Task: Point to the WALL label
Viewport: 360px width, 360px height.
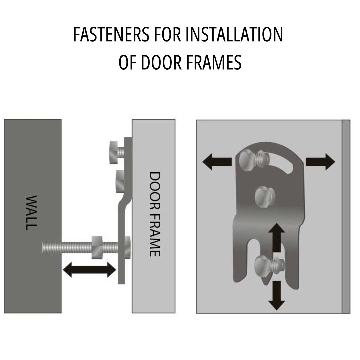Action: [x=31, y=213]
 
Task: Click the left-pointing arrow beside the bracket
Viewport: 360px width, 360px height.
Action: [x=217, y=162]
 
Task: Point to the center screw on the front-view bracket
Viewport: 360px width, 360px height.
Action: [x=265, y=196]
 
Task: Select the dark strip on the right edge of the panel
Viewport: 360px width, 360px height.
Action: [x=346, y=216]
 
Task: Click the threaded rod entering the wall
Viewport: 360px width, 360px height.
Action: [x=67, y=247]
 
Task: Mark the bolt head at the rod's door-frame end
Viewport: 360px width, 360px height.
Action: [x=127, y=247]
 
